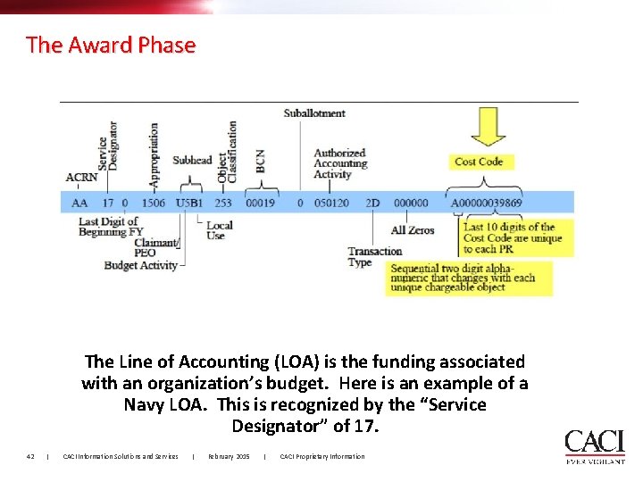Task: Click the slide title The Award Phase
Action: [x=111, y=45]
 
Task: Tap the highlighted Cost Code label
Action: [x=479, y=162]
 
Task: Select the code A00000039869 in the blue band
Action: [x=487, y=203]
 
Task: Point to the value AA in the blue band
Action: [x=79, y=203]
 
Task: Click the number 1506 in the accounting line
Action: [x=153, y=203]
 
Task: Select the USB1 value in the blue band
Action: [x=188, y=203]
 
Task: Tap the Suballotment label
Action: [x=314, y=113]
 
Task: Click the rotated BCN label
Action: [x=260, y=162]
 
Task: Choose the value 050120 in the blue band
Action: [x=331, y=203]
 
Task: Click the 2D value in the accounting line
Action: [x=372, y=203]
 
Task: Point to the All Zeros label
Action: [x=413, y=230]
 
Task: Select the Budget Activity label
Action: [x=140, y=265]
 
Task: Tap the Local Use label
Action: [x=219, y=230]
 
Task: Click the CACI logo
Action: [x=594, y=445]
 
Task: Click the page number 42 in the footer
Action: [x=30, y=457]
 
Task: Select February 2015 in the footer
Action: [x=229, y=457]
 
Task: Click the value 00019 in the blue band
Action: [x=260, y=203]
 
